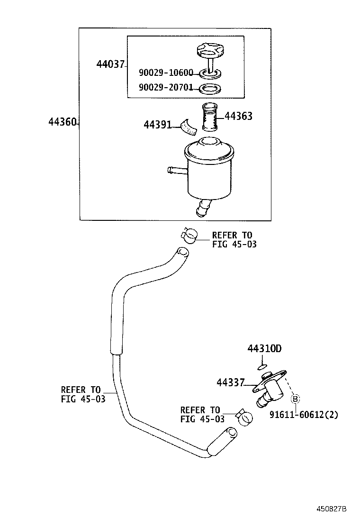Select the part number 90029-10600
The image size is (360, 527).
[166, 73]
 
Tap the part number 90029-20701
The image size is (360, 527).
[166, 88]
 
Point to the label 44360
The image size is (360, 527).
[62, 122]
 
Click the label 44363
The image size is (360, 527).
[238, 116]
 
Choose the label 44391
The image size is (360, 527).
[157, 124]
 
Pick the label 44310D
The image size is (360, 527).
[264, 349]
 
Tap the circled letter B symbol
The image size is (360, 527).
[295, 399]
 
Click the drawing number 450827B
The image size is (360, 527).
[332, 509]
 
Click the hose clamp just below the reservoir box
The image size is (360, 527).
[189, 235]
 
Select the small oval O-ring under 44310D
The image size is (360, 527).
[262, 366]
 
